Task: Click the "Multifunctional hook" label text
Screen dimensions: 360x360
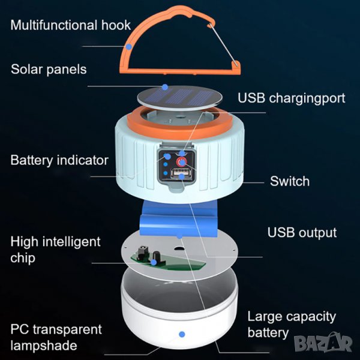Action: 70,25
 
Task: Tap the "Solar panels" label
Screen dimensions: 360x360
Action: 49,70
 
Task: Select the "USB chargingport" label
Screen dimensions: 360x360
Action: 292,98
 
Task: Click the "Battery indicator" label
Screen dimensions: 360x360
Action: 59,160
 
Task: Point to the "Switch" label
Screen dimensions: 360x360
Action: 290,181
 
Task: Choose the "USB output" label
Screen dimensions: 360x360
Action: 302,233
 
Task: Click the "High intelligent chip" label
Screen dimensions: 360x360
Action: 55,250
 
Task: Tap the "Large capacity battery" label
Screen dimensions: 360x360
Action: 292,325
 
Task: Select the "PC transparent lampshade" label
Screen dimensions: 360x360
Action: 56,337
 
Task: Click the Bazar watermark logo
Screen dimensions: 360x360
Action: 323,343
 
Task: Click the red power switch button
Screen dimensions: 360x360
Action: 181,162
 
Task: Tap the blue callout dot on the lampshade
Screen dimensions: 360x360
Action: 182,334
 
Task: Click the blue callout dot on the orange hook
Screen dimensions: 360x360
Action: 129,47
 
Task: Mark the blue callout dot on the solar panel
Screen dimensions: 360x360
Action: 165,87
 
